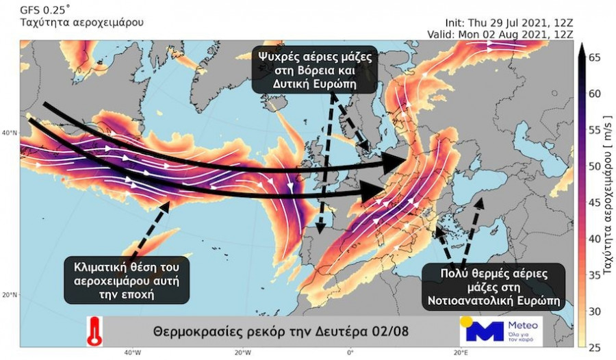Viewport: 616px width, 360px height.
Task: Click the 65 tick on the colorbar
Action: [594, 58]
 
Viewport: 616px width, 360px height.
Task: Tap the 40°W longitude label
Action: [132, 353]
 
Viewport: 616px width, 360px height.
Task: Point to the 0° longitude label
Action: [350, 353]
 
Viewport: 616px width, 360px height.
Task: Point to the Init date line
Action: [501, 21]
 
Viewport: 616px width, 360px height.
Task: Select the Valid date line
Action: [500, 33]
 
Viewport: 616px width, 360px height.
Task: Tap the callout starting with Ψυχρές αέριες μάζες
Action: [316, 69]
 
